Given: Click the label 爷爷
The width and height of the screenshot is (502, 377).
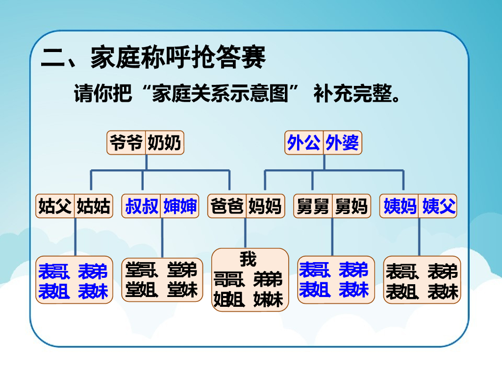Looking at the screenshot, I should click(126, 143).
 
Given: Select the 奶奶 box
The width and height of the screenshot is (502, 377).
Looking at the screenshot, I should click(164, 143).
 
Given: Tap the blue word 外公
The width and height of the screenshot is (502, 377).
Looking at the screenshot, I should click(304, 143).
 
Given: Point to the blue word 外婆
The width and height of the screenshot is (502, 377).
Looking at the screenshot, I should click(342, 143).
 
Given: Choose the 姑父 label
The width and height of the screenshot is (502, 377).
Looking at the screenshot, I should click(55, 206).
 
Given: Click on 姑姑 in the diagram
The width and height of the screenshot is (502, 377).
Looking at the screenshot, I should click(93, 206).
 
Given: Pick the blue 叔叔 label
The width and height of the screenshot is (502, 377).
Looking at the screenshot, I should click(142, 206).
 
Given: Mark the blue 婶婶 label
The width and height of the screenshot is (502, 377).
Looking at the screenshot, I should click(180, 206).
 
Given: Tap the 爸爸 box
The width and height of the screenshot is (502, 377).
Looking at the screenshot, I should click(226, 206).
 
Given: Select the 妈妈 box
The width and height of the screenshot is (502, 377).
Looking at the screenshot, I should click(265, 206).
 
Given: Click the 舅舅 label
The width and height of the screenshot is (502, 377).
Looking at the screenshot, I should click(313, 206).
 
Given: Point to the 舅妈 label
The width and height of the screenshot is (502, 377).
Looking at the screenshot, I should click(351, 206).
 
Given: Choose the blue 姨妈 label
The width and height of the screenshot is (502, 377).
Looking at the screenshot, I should click(400, 206).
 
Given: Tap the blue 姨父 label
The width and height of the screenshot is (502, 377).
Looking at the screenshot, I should click(439, 206).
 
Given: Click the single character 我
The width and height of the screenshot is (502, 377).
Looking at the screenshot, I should click(248, 258).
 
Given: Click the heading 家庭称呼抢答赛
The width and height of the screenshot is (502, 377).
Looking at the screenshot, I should click(178, 58).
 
